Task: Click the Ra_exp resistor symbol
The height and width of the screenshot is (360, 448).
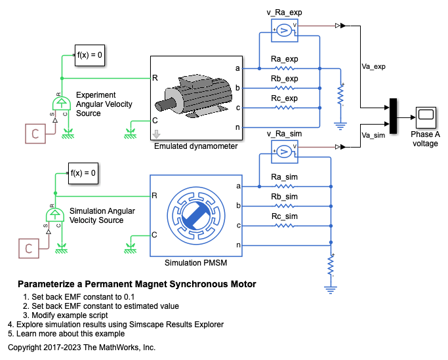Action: click(284, 68)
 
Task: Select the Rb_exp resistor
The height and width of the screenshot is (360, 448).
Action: click(284, 87)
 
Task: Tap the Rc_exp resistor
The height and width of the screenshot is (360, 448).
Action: click(284, 107)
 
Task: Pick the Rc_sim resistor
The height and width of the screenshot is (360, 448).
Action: click(284, 225)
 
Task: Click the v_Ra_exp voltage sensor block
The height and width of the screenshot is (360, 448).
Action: click(285, 29)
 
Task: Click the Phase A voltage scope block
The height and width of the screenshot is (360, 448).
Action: click(425, 117)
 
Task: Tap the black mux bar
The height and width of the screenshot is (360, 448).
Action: click(393, 116)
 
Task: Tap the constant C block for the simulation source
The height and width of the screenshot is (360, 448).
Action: click(29, 249)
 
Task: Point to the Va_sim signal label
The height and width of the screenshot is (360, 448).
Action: click(373, 134)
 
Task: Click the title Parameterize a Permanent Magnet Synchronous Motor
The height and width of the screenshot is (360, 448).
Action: click(136, 285)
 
